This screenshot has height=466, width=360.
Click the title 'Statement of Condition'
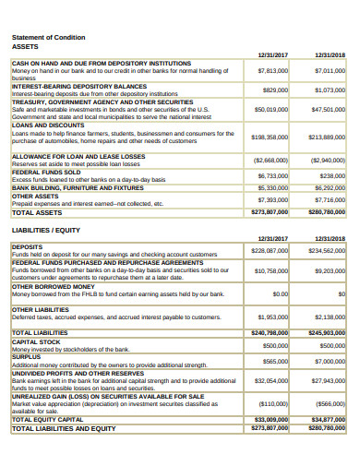pos(48,37)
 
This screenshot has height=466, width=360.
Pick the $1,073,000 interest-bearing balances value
pos(329,90)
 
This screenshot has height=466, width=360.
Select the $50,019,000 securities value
pos(270,109)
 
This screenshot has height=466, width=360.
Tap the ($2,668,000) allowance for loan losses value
pos(270,160)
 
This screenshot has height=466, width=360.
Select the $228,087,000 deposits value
pos(270,250)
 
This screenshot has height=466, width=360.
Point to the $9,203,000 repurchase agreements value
pos(329,271)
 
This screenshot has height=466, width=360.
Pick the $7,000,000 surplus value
pos(329,362)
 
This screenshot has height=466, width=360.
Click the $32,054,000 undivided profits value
pos(270,381)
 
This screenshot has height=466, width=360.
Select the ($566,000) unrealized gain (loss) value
pos(329,403)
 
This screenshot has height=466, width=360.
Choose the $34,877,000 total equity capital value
pos(327,420)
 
